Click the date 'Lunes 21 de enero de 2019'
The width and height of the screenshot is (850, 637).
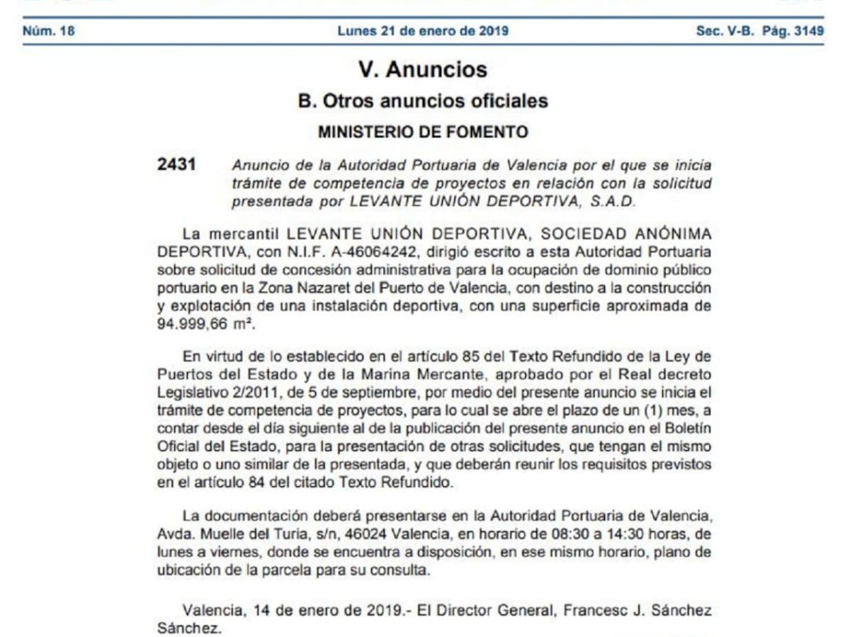coord(423,31)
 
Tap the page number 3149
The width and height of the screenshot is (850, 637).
coord(809,31)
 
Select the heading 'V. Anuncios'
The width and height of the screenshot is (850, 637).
coord(423,69)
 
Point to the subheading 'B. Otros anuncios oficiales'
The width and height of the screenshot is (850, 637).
coord(423,101)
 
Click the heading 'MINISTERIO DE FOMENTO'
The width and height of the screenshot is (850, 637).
coord(423,132)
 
